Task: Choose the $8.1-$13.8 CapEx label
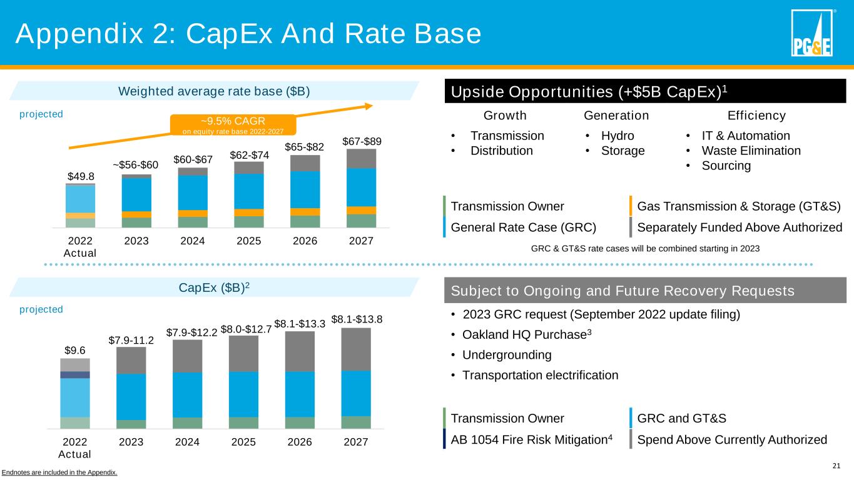[x=356, y=320]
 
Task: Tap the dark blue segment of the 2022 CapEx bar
[x=75, y=375]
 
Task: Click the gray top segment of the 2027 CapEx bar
[x=356, y=349]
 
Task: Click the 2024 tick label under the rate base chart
[x=187, y=241]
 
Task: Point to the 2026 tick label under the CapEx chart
[x=300, y=442]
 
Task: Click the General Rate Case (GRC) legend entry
[x=523, y=227]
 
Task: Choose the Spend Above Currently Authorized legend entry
[x=731, y=439]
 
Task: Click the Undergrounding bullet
[x=507, y=355]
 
